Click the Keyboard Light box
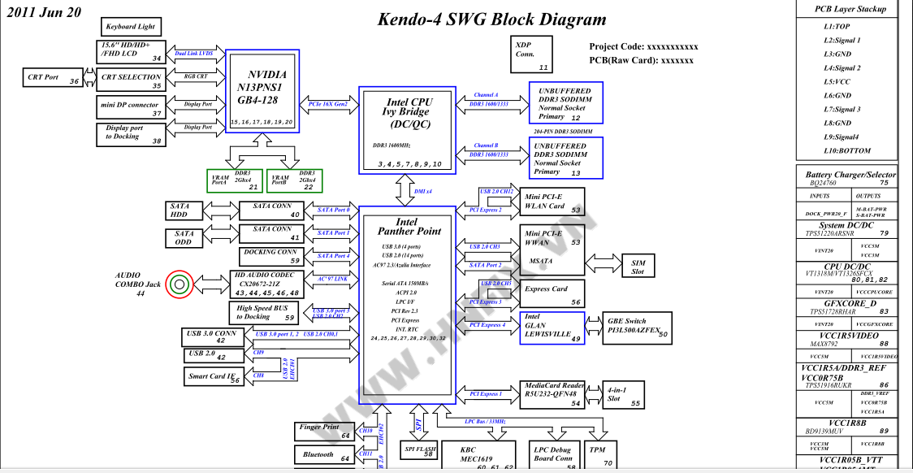click(x=131, y=27)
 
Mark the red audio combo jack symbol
click(x=178, y=284)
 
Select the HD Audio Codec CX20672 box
click(x=266, y=283)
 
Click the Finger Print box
click(x=324, y=432)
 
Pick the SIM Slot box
click(x=638, y=267)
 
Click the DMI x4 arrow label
click(x=422, y=192)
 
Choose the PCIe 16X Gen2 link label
click(x=329, y=104)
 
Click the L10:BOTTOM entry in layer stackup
click(x=847, y=150)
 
